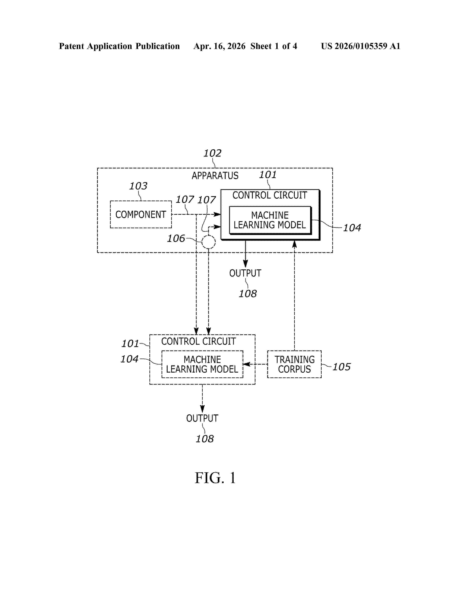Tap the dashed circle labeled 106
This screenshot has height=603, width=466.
[x=209, y=236]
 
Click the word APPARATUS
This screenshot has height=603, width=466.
[x=215, y=176]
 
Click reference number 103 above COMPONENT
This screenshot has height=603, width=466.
[x=138, y=186]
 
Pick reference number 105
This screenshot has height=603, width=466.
[x=342, y=367]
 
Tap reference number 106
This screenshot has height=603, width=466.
[x=176, y=238]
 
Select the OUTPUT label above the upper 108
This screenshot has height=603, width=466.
[x=245, y=273]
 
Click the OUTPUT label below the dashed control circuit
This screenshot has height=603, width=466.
[x=202, y=418]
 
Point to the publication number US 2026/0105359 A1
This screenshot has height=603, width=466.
[x=361, y=46]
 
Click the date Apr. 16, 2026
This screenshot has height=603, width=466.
[x=219, y=46]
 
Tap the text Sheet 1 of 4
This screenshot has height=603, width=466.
[x=274, y=46]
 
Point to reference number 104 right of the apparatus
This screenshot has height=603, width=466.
[x=352, y=228]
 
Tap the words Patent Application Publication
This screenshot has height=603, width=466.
[x=119, y=46]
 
